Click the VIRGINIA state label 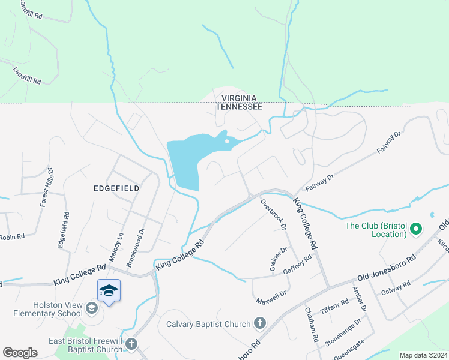click(239, 98)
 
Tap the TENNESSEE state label click(239, 106)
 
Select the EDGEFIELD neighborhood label click(116, 188)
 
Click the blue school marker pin click(109, 291)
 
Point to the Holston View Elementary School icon click(91, 308)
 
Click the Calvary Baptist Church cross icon click(260, 324)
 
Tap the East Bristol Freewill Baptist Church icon click(131, 344)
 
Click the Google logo click(20, 353)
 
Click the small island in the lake click(227, 142)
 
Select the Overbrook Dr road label click(273, 214)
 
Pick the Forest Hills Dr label click(47, 188)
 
